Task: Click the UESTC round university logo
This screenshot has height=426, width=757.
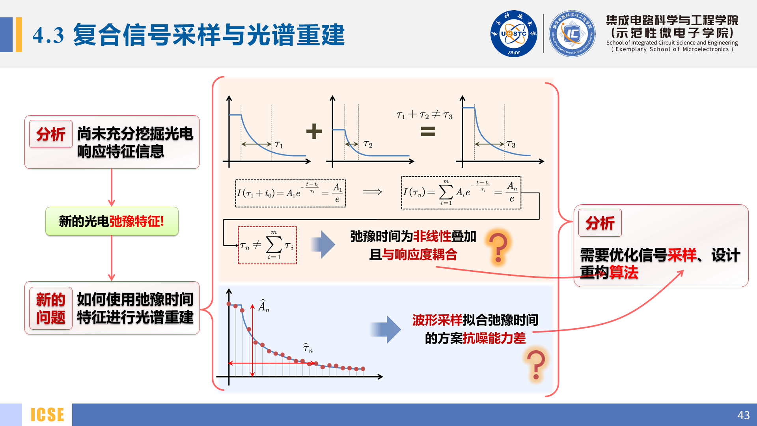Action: click(x=513, y=34)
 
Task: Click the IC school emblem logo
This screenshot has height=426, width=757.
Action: click(x=572, y=34)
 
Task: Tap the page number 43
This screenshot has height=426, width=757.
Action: click(x=743, y=415)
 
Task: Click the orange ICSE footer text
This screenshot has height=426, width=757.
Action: click(x=47, y=415)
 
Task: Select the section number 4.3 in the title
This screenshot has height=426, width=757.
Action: click(x=48, y=35)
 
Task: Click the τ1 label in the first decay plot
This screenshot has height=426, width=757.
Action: click(x=279, y=145)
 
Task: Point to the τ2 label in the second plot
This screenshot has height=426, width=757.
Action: click(x=368, y=144)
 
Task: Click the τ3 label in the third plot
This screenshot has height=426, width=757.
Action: click(x=511, y=144)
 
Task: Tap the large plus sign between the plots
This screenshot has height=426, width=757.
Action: click(x=314, y=131)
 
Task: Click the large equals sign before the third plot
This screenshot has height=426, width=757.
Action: click(x=428, y=131)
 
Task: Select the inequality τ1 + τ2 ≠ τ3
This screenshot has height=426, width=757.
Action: click(x=424, y=115)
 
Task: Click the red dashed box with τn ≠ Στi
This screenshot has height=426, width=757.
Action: click(x=267, y=245)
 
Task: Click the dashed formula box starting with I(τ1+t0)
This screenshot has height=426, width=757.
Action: click(x=290, y=193)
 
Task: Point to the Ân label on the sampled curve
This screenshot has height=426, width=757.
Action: click(x=264, y=306)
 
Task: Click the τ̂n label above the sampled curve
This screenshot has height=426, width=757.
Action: click(x=308, y=348)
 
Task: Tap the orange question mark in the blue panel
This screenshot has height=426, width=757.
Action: click(x=536, y=365)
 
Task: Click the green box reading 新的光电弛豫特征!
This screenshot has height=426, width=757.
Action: click(x=112, y=221)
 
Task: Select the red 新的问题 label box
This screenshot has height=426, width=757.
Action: click(x=50, y=308)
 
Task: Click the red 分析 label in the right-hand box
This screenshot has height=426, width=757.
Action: click(x=600, y=223)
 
